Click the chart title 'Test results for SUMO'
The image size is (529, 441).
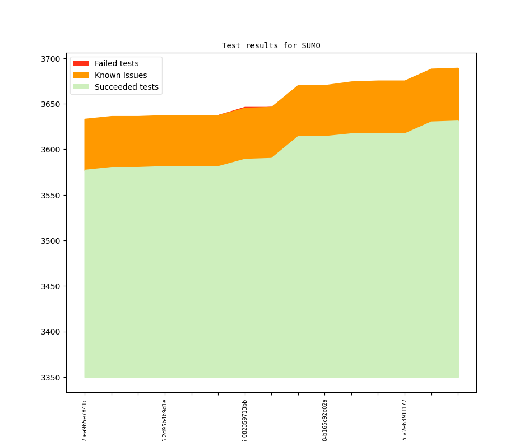[271, 45]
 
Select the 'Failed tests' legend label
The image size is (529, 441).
[117, 63]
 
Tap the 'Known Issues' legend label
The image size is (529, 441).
[120, 75]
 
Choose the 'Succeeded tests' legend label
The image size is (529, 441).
[127, 87]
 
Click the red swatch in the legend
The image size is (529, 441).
[81, 63]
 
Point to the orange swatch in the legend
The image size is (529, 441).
[81, 75]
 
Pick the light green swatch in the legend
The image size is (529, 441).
[81, 87]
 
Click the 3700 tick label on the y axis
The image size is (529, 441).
[51, 59]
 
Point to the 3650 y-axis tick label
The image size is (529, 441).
[51, 104]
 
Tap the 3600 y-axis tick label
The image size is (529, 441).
[51, 150]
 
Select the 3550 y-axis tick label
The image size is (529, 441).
[51, 196]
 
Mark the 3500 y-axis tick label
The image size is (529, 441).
[51, 241]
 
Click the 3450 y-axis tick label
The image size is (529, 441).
[51, 286]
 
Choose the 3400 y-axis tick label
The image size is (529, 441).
[51, 332]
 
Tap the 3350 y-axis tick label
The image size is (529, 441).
[51, 378]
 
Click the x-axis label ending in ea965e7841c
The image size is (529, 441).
[85, 419]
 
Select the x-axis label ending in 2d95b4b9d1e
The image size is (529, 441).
[165, 419]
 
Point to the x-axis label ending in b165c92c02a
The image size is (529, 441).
[325, 419]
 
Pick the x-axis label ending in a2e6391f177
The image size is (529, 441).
[405, 419]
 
